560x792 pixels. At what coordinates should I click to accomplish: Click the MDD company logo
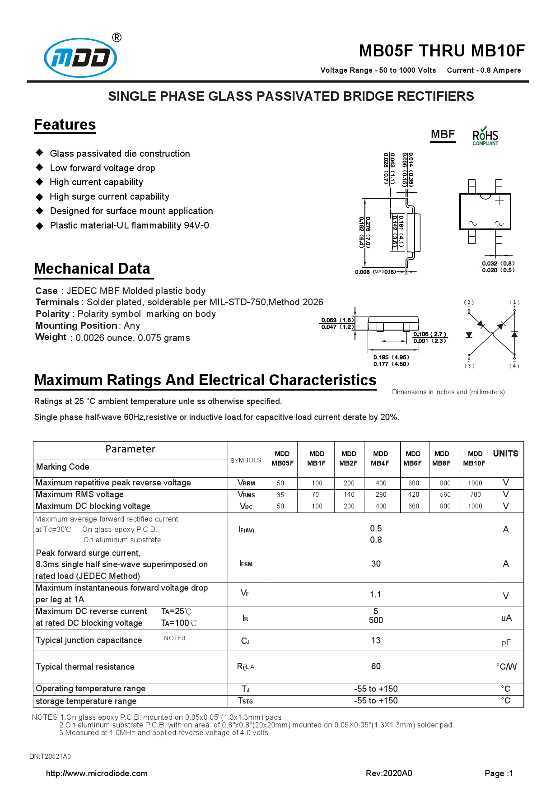click(80, 57)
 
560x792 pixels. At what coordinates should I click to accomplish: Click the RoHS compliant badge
click(485, 136)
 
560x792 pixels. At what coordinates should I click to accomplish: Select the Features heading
click(65, 125)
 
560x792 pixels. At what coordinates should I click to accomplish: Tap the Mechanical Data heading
click(92, 269)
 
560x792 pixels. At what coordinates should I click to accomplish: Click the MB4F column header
click(380, 458)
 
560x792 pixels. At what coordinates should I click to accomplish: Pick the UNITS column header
click(505, 454)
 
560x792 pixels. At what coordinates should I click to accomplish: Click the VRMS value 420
click(414, 494)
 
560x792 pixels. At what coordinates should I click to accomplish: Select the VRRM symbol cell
click(246, 483)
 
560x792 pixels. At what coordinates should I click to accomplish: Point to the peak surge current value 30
click(376, 564)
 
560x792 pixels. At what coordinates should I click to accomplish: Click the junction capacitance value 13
click(376, 640)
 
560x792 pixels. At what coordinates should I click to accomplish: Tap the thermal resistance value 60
click(376, 666)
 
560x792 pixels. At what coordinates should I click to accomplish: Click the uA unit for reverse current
click(506, 618)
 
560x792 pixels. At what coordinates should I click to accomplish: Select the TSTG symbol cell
click(246, 701)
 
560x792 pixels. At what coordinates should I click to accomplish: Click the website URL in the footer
click(97, 773)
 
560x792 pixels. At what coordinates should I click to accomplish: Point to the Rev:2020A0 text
click(389, 773)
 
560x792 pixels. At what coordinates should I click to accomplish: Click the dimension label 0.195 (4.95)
click(391, 357)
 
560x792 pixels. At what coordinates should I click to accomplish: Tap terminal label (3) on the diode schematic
click(469, 366)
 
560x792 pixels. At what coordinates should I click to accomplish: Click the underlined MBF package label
click(443, 135)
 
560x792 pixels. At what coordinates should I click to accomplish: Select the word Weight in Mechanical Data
click(51, 337)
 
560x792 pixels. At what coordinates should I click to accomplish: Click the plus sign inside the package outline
click(499, 200)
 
